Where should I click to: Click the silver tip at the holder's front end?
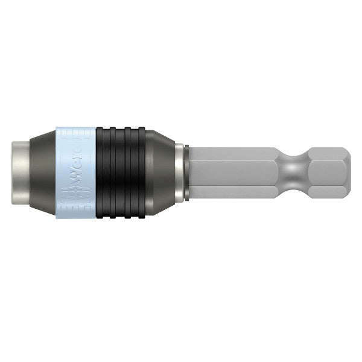tap(20, 172)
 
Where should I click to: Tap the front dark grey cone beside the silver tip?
tap(41, 172)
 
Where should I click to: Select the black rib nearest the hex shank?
tap(142, 172)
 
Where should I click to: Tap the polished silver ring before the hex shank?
tap(179, 172)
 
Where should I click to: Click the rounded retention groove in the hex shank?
tap(293, 172)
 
